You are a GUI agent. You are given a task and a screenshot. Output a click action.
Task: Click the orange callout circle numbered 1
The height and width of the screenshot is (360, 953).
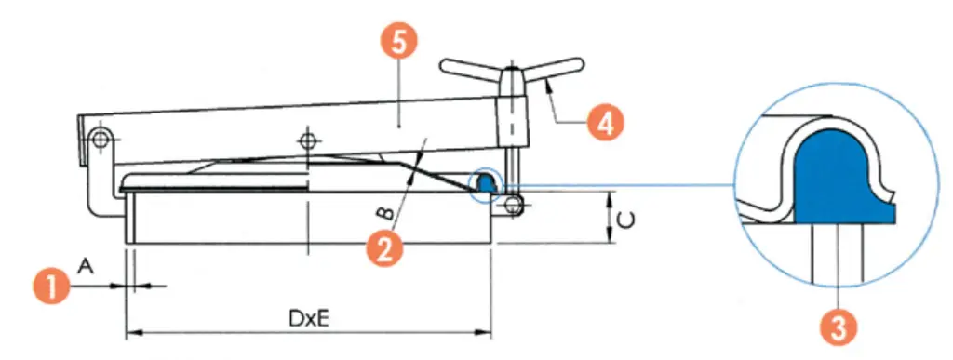tap(52, 286)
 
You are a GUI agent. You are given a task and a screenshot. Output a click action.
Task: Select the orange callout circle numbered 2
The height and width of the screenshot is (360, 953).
tap(384, 249)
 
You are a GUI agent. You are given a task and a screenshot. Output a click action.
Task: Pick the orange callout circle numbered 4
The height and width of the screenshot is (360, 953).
tap(605, 123)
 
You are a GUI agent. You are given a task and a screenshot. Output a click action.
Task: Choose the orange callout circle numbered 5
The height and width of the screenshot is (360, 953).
tap(397, 44)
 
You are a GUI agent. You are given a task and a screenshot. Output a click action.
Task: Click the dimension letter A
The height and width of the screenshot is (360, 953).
tap(87, 266)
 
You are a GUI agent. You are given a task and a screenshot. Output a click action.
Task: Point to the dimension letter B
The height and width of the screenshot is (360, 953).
tap(383, 213)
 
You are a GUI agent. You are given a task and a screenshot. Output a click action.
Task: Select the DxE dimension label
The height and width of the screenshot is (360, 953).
tap(308, 318)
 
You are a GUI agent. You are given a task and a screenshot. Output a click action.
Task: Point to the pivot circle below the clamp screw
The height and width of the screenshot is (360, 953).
tap(514, 207)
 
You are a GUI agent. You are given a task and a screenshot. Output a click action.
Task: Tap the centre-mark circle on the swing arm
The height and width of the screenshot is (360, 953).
tap(308, 140)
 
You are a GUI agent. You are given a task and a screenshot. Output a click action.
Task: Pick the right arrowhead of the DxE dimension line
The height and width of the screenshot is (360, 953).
tap(484, 332)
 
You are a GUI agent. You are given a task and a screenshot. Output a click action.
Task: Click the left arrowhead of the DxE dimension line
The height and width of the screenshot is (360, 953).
tap(133, 332)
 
